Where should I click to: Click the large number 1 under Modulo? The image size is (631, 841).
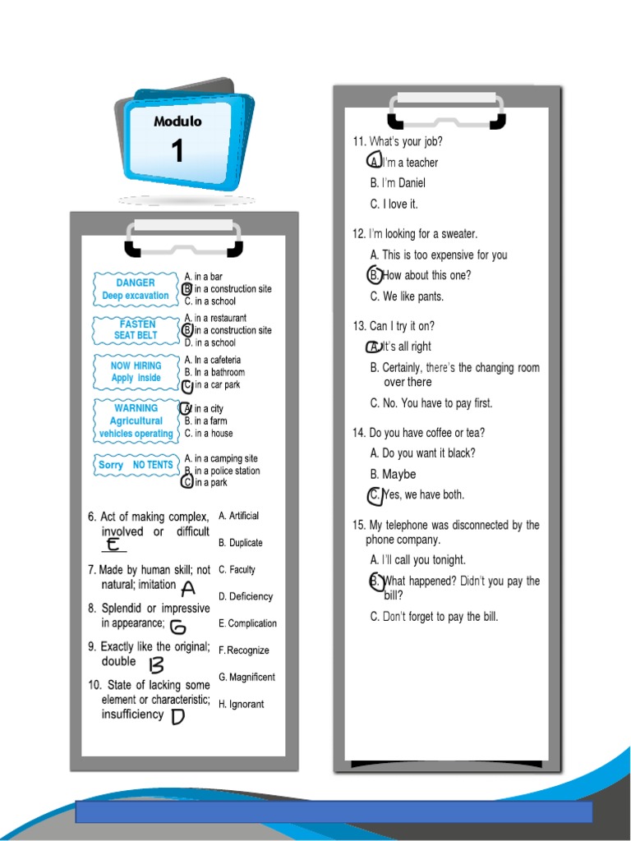coord(177,152)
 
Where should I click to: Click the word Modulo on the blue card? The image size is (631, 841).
coord(177,122)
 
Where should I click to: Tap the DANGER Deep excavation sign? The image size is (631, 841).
coord(136,289)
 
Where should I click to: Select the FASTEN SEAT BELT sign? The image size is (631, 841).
coord(136,329)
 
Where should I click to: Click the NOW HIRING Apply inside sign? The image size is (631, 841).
coord(136,371)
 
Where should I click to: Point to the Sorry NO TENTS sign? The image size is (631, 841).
coord(136,465)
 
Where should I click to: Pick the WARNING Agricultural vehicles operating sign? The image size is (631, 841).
coord(136,420)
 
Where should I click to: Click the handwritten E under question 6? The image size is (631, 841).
coord(113,545)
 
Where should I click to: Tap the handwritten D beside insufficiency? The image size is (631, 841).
coord(177,716)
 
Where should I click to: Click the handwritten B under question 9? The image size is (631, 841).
coord(156,664)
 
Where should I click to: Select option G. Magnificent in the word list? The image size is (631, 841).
coord(246,678)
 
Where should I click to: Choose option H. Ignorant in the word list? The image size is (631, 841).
coord(242,705)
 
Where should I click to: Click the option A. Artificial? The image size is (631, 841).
coord(238,516)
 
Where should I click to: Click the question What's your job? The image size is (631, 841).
coord(398,141)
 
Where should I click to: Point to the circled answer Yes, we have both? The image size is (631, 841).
coord(417,495)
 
